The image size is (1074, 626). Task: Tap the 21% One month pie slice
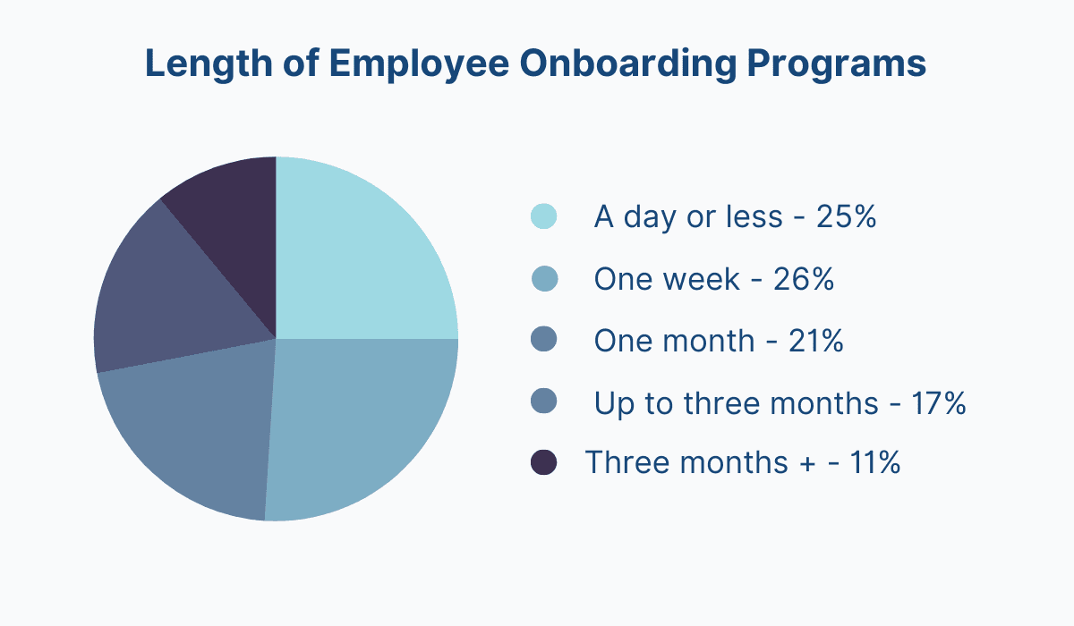pos(197,429)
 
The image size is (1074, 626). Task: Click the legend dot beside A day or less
pos(543,216)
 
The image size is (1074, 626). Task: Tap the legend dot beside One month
pos(543,340)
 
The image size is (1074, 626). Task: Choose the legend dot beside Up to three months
pos(543,402)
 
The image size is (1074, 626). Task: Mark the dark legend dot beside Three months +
pos(543,462)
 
